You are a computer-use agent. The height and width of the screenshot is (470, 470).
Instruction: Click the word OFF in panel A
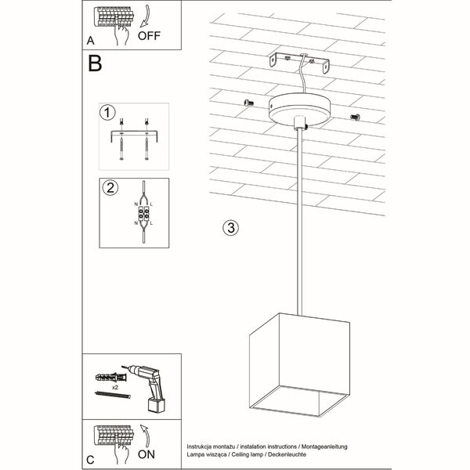click(x=150, y=35)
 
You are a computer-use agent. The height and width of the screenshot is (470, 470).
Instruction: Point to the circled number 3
click(x=230, y=228)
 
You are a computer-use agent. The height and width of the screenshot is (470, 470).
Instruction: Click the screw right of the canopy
click(x=354, y=117)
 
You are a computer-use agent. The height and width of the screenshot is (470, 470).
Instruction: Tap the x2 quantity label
click(x=114, y=387)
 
